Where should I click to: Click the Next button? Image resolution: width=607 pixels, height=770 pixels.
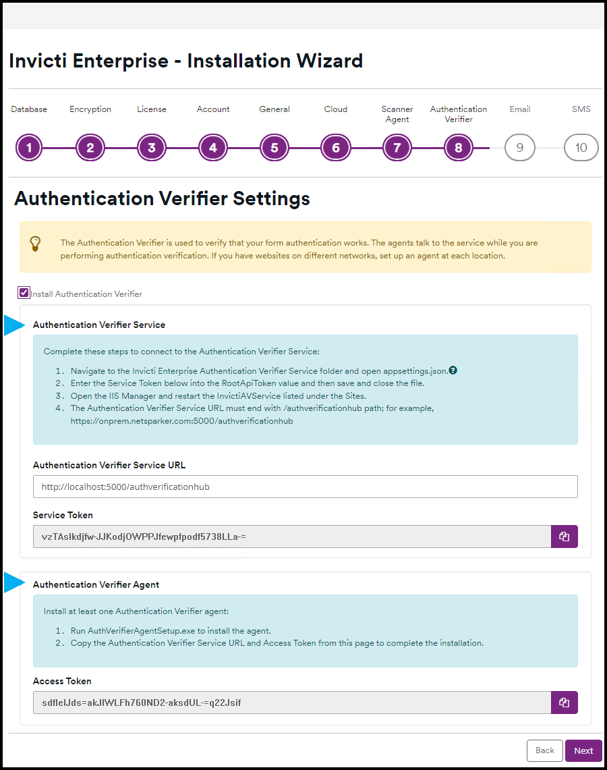[x=583, y=750]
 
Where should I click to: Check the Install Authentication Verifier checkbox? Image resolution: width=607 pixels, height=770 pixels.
[x=24, y=293]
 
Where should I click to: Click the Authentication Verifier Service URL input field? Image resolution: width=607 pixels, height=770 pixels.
[x=305, y=487]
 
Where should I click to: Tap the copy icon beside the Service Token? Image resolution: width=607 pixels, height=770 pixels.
[x=565, y=537]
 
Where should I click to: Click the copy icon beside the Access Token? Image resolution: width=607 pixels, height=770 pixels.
[x=565, y=703]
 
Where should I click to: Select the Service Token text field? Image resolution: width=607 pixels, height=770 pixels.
[x=291, y=537]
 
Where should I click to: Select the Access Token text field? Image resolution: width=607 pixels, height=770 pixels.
[x=291, y=703]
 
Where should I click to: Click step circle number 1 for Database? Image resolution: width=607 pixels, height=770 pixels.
[x=29, y=148]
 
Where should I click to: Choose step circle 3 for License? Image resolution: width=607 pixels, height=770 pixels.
[x=152, y=148]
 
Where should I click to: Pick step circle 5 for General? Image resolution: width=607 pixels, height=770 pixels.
[x=274, y=148]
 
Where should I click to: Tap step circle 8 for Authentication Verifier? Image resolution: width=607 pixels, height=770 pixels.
[x=459, y=148]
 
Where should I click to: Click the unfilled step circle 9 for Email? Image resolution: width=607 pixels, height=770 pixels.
[x=519, y=148]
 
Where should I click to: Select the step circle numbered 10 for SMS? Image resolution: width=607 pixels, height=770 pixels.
[x=581, y=148]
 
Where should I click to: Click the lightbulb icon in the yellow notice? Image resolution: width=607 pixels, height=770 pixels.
[x=36, y=243]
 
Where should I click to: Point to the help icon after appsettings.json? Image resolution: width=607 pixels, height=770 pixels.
[x=453, y=370]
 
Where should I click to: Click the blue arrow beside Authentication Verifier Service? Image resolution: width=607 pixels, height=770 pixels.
[x=13, y=325]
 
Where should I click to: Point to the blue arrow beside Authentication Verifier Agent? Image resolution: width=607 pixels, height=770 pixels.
[x=13, y=582]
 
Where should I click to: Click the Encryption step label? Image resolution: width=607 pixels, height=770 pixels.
[x=90, y=109]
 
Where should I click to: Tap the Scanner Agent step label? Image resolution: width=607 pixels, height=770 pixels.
[x=397, y=114]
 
